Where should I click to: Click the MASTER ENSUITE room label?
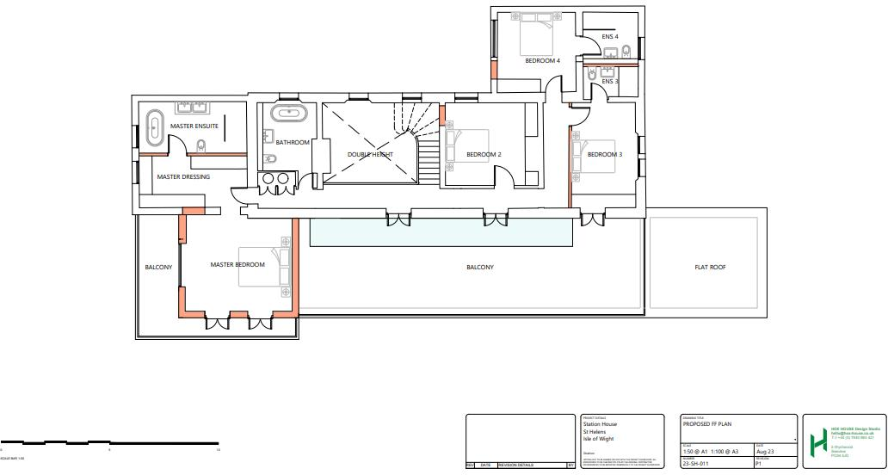point(194,126)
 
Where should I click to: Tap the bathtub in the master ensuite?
point(156,129)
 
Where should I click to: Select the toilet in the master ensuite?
point(201,146)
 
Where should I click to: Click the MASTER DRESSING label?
point(182,177)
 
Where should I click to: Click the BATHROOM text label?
point(293,143)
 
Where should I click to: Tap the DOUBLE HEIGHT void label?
point(370,155)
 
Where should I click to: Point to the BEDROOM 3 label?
point(604,155)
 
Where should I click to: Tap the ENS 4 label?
point(610,37)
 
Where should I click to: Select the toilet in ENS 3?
point(594,76)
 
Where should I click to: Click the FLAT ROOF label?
point(710,268)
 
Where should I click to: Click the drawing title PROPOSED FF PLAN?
point(708,424)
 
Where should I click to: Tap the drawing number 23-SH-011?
point(697,463)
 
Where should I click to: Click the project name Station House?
point(600,424)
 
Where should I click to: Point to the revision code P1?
point(758,463)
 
